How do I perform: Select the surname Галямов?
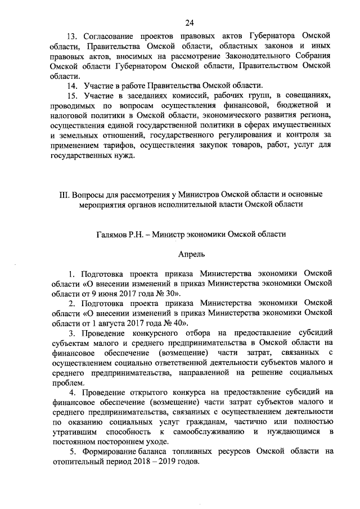110,233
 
